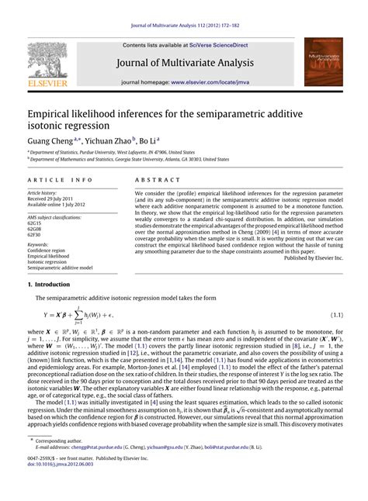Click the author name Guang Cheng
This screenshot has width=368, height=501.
coord(48,140)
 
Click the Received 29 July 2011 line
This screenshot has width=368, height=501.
coord(52,198)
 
